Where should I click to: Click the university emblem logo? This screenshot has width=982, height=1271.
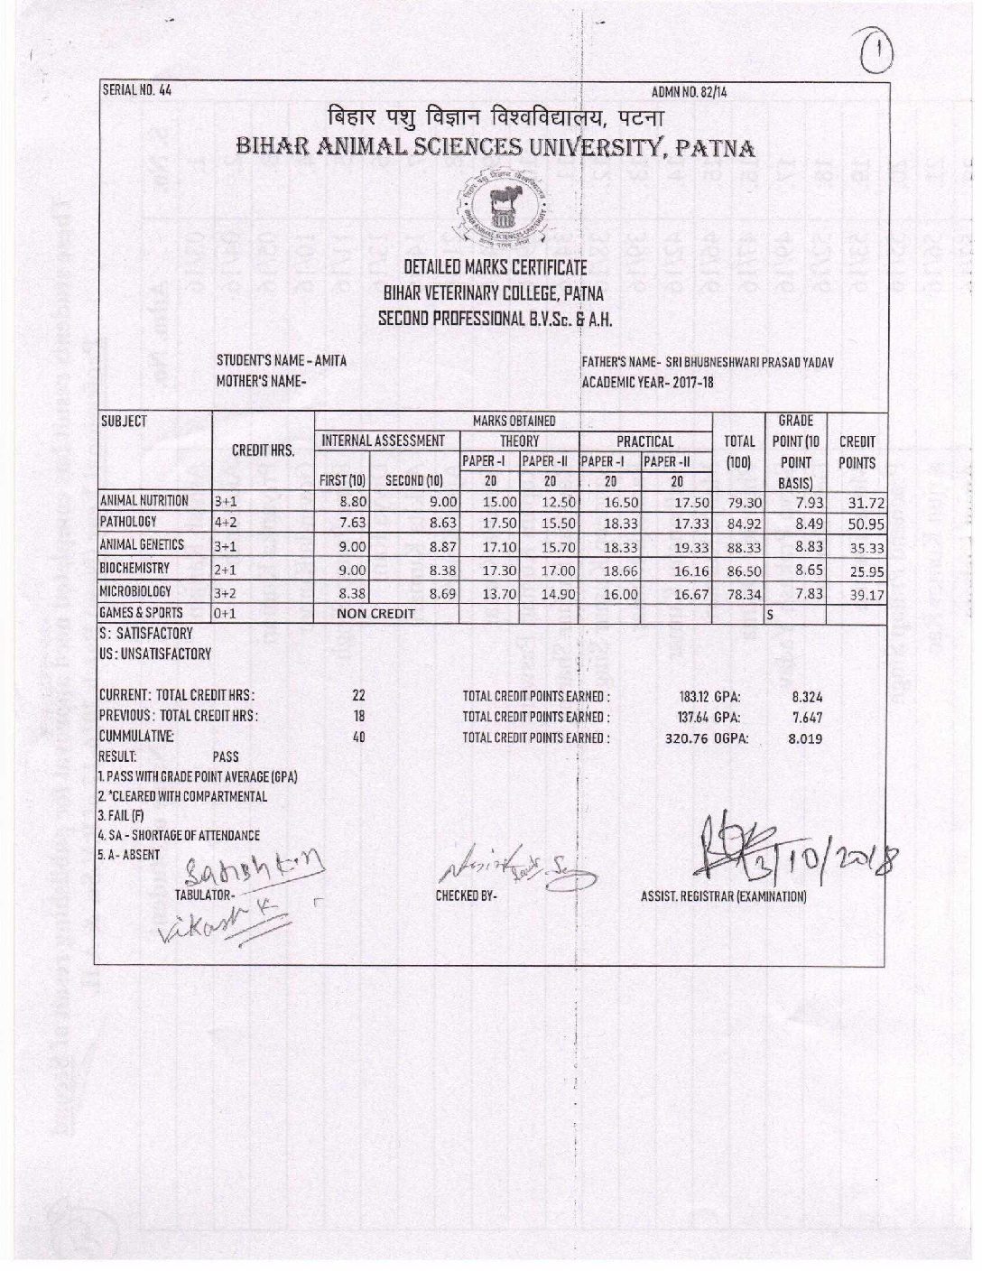coord(496,209)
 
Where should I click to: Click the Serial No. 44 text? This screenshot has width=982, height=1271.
coord(136,89)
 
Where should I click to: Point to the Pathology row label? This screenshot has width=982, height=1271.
coord(129,522)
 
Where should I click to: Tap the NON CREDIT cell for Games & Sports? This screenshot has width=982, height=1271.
coord(375,615)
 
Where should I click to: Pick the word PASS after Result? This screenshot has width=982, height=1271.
coord(226,757)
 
